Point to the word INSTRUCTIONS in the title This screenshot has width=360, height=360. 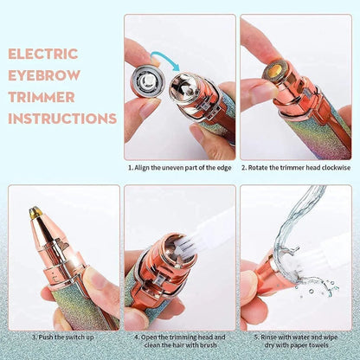click(x=60, y=118)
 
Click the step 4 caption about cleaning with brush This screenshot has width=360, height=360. click(x=179, y=342)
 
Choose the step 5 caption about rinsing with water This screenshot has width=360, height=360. click(x=296, y=342)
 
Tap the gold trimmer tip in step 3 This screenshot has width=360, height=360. click(x=35, y=210)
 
